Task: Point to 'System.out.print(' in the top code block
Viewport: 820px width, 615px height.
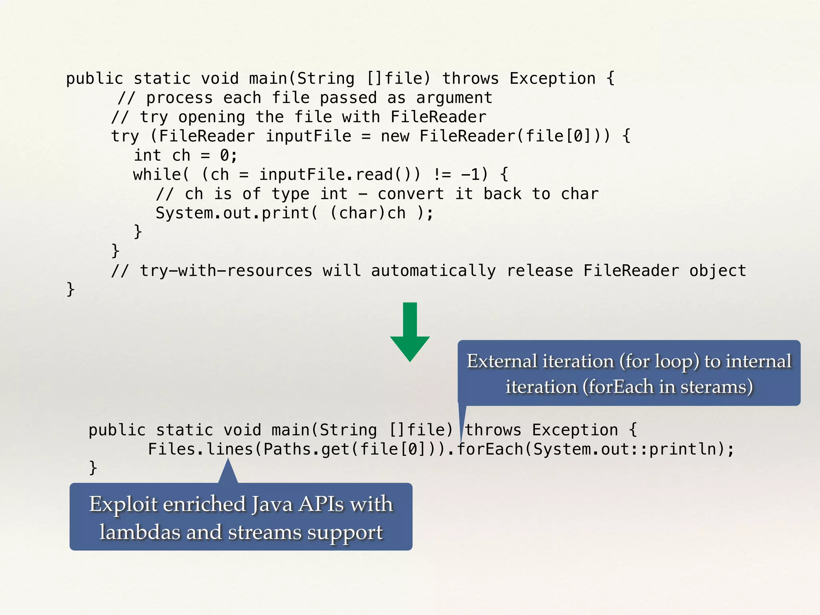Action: coord(237,213)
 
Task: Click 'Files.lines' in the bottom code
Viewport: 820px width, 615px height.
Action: coord(197,449)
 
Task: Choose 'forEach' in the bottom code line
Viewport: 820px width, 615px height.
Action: coord(490,449)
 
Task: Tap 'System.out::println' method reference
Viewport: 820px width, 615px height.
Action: coord(624,449)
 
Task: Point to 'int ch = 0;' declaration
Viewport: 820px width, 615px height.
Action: coord(185,156)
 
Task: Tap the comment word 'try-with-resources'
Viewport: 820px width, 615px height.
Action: coord(226,271)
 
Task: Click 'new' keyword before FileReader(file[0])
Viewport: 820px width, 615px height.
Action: coord(395,137)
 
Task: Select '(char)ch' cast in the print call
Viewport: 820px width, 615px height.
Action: coord(368,213)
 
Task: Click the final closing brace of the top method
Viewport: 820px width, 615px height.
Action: coord(70,289)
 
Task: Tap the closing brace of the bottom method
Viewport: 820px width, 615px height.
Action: coord(93,468)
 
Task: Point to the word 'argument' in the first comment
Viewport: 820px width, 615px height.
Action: coord(454,98)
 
